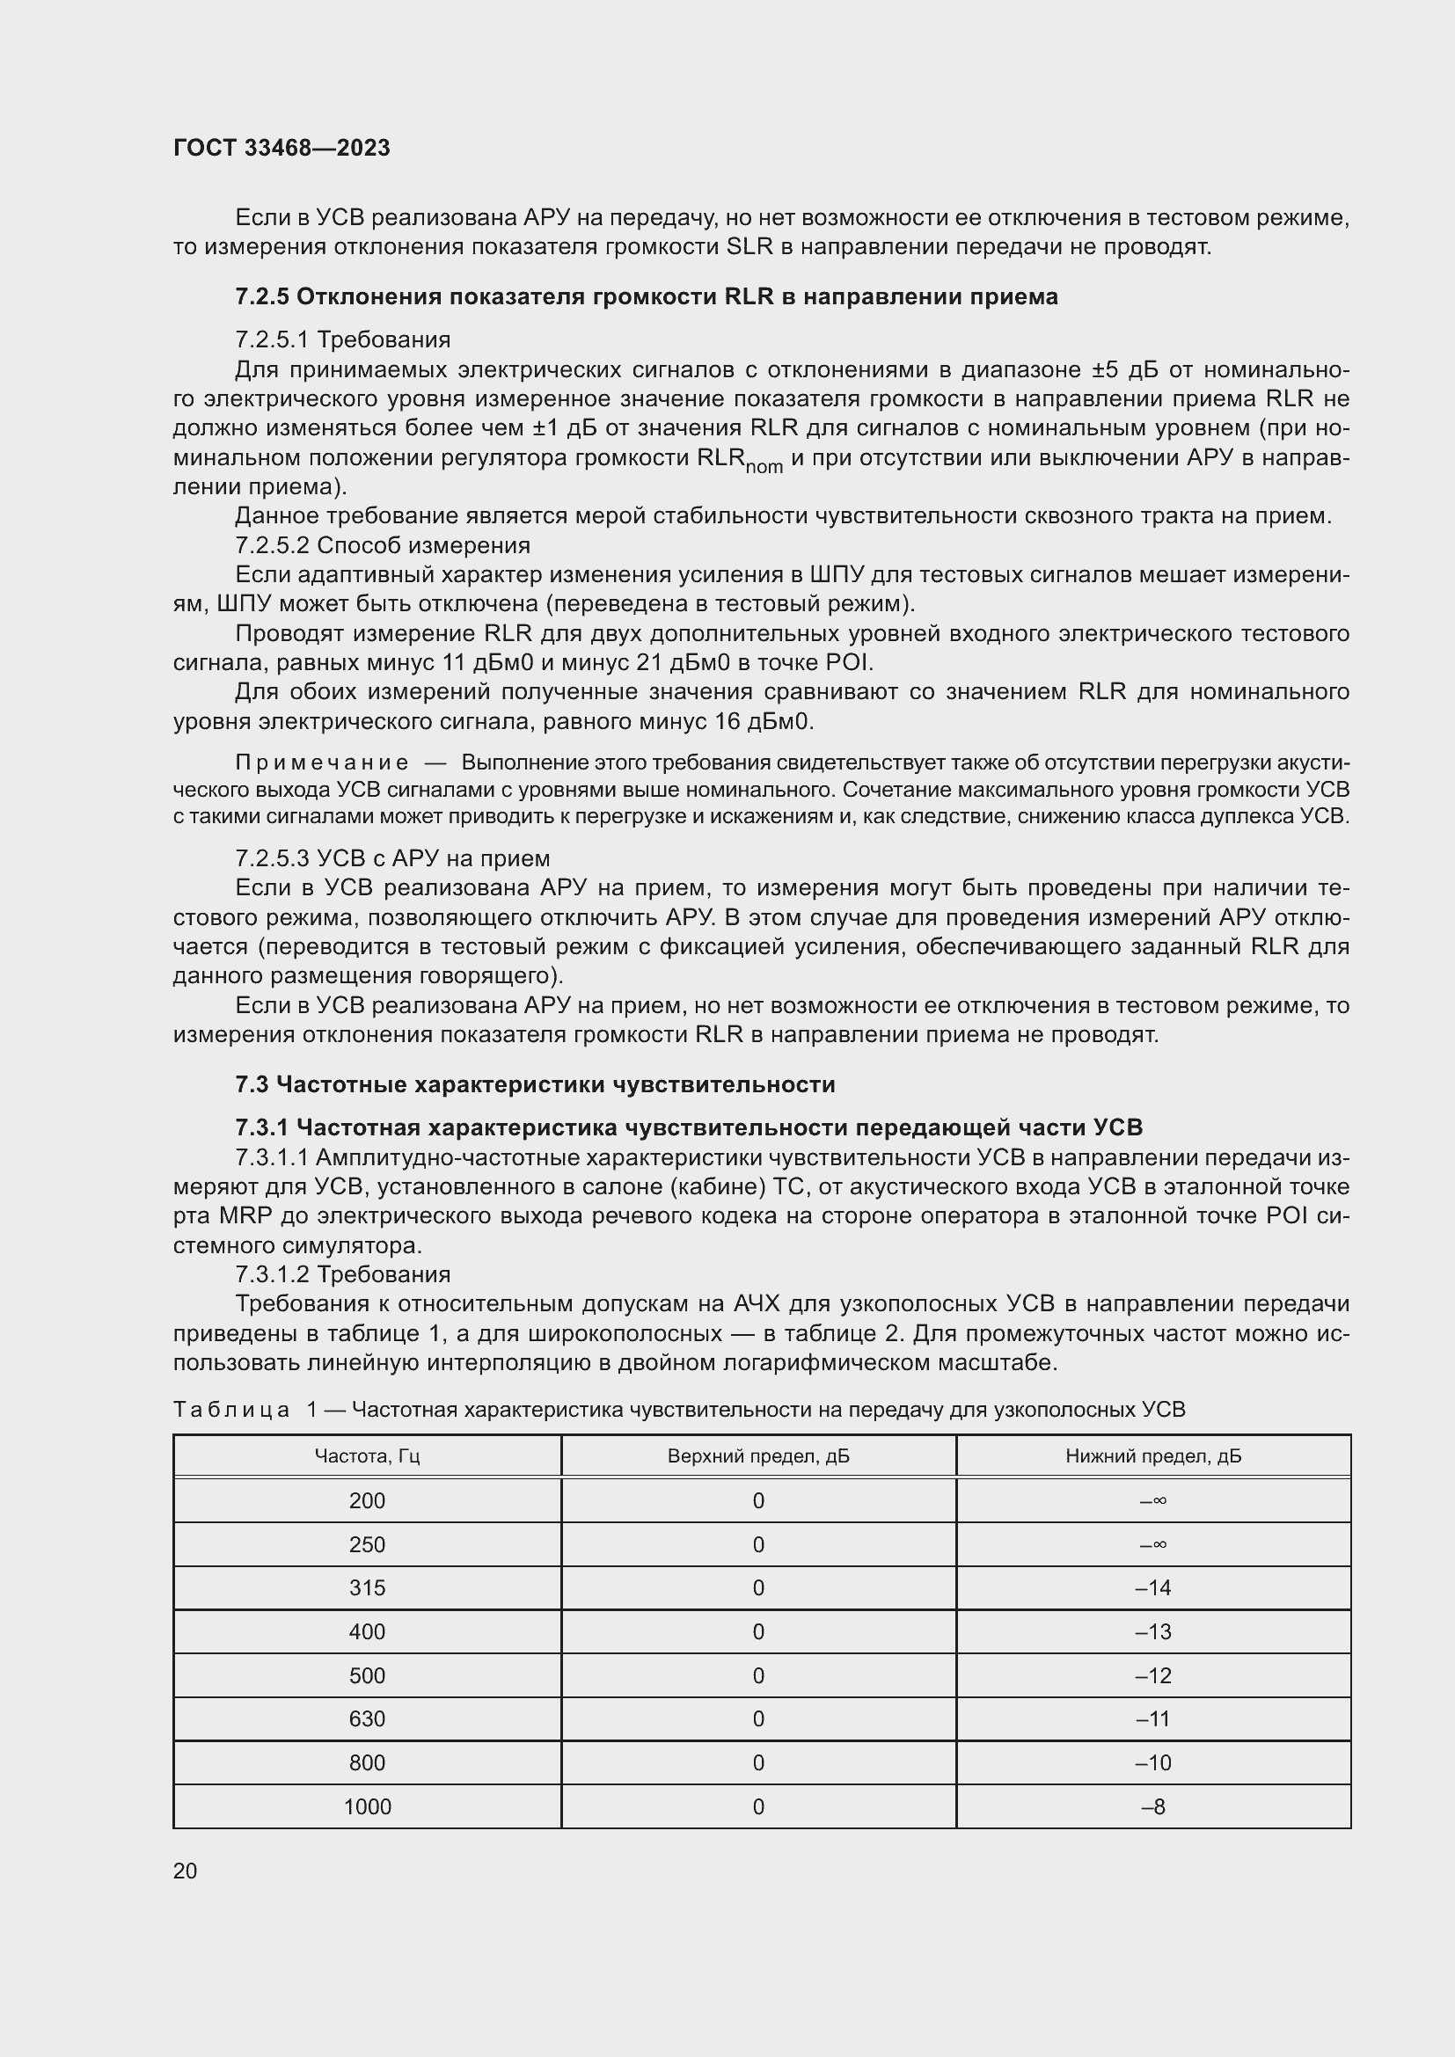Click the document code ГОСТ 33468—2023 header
coord(281,148)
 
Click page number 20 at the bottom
coord(185,1871)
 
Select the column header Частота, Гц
coord(368,1455)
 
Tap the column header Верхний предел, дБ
coord(758,1455)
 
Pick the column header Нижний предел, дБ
coord(1153,1455)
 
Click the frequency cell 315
coord(368,1587)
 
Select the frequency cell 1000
coord(368,1806)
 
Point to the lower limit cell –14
coord(1153,1587)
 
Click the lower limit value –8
coord(1153,1806)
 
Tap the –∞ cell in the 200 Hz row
coord(1153,1499)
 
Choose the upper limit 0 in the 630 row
coord(758,1718)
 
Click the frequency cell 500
coord(368,1675)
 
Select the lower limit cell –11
coord(1153,1718)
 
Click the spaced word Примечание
coord(322,762)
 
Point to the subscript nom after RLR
coord(764,467)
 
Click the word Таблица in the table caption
coord(231,1409)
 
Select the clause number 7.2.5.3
coord(273,858)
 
